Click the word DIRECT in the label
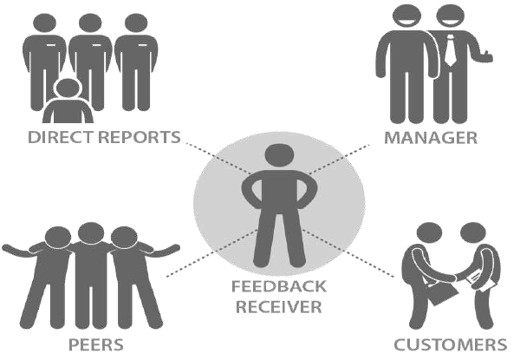pyautogui.click(x=56, y=137)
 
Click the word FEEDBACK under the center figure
pyautogui.click(x=272, y=288)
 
